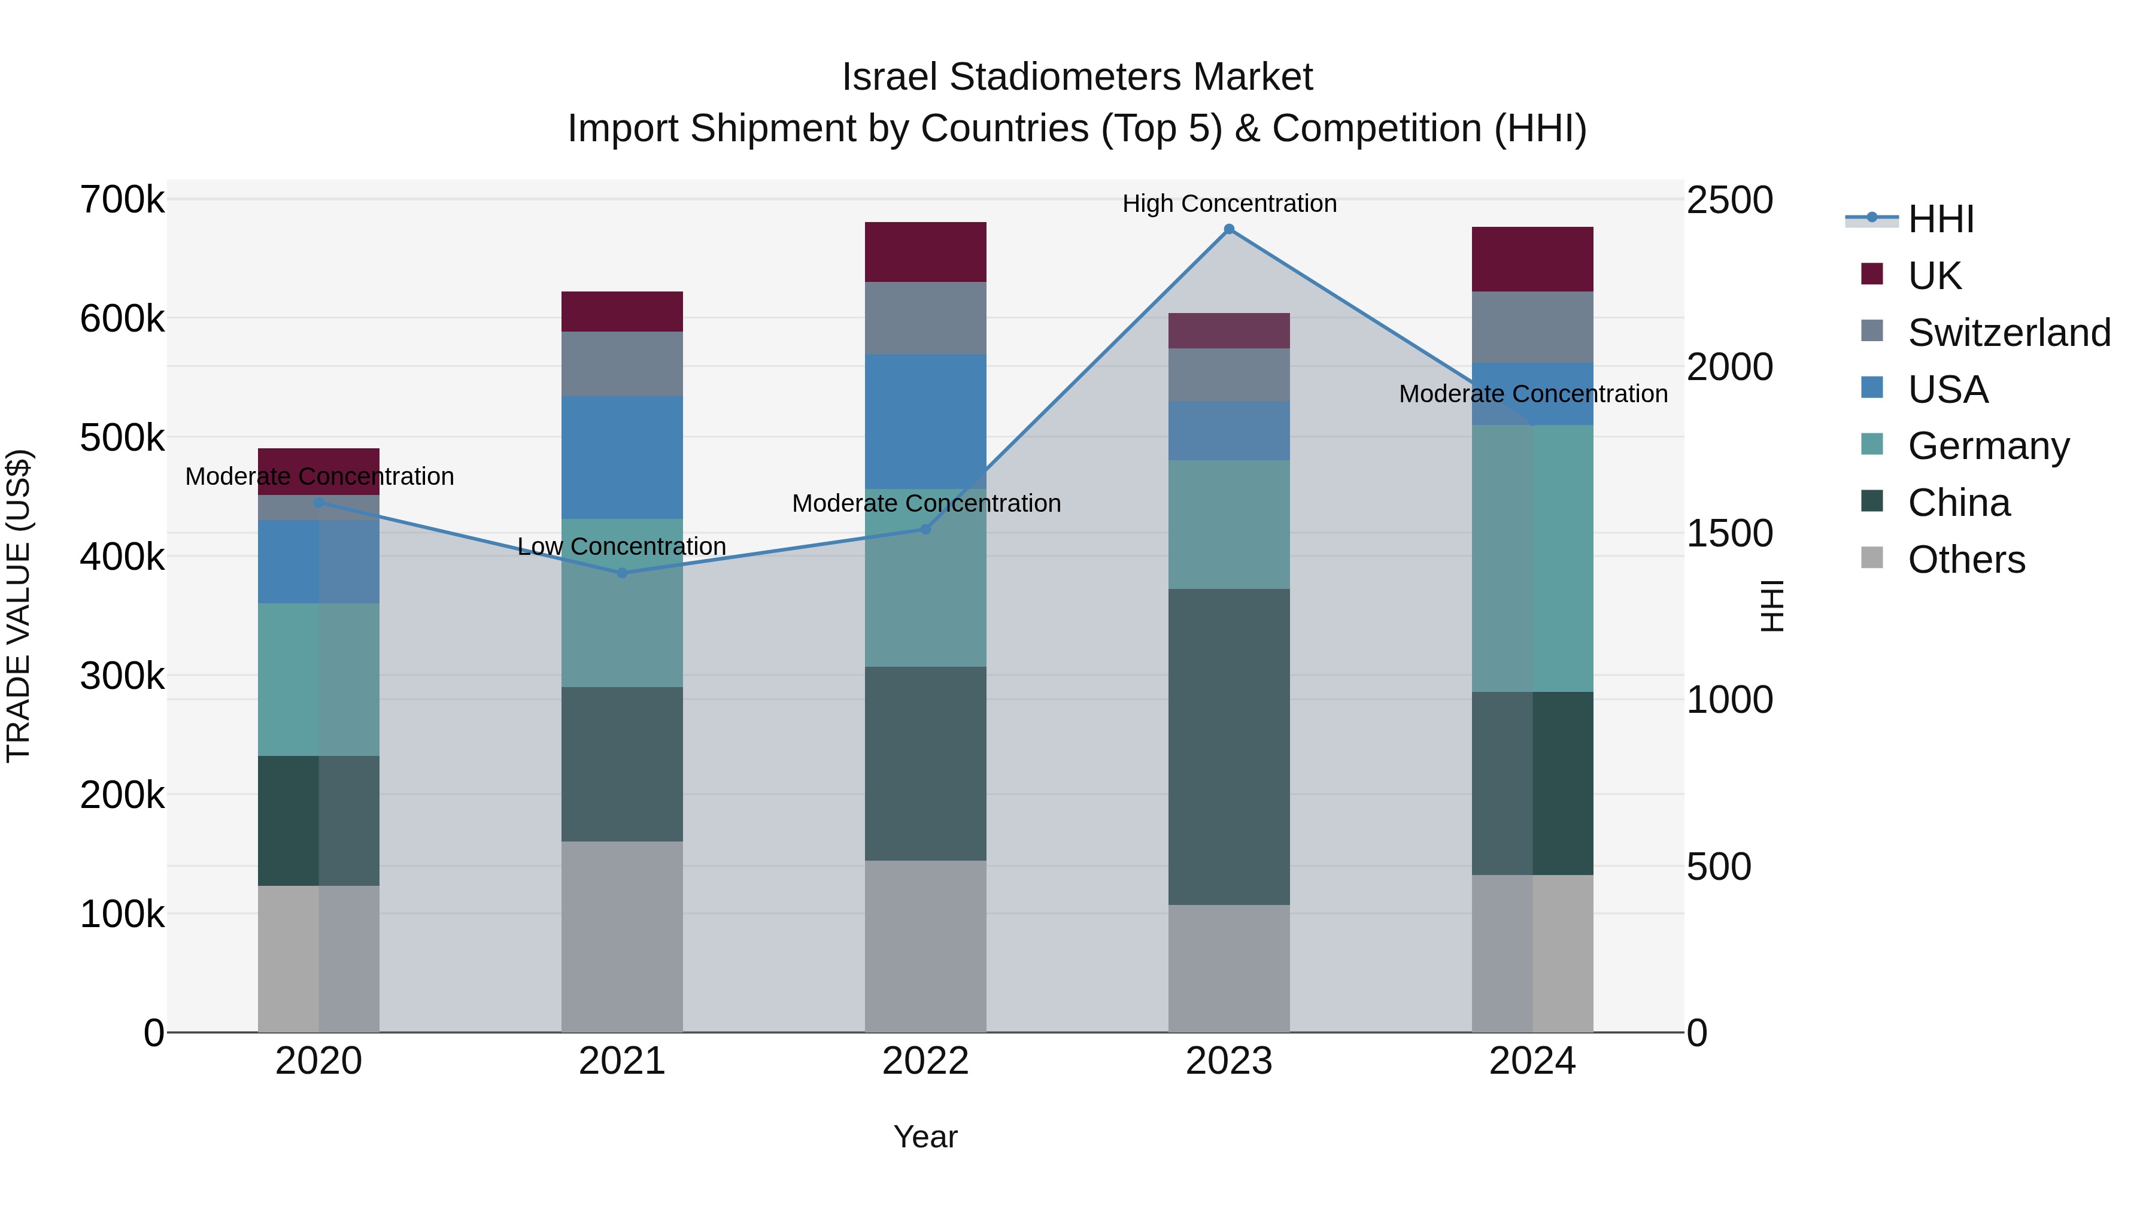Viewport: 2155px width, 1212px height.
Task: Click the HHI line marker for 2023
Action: [1229, 229]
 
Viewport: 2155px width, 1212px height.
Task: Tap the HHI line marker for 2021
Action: [621, 573]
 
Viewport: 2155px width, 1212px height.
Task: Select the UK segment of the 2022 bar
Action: [925, 252]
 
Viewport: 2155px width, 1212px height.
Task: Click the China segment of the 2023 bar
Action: [1229, 746]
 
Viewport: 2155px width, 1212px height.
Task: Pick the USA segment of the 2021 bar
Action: [621, 457]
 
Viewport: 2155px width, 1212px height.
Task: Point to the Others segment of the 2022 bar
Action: [925, 946]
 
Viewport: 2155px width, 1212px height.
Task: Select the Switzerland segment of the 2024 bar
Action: [1532, 327]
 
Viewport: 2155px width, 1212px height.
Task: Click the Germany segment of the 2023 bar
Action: [1229, 524]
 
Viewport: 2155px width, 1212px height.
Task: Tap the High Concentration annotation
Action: [1229, 203]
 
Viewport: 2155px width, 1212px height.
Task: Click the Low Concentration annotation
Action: [621, 546]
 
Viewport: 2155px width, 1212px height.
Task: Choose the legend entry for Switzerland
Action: [2008, 333]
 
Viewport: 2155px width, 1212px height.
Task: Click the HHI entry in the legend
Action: [1940, 219]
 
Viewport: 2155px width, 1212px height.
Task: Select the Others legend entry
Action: [1966, 560]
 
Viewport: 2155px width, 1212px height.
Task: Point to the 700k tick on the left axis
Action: [122, 201]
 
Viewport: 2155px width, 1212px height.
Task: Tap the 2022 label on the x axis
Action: [925, 1061]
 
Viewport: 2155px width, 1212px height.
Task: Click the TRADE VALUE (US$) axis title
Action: [19, 606]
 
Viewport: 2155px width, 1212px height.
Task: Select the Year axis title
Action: [925, 1137]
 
